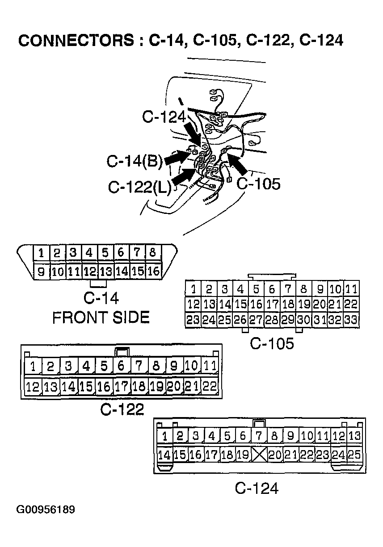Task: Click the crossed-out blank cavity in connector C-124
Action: (x=259, y=455)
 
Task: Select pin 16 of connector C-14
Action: (x=153, y=271)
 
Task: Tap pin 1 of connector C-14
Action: (x=41, y=253)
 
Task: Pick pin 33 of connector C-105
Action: (x=352, y=320)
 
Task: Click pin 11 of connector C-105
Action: (x=352, y=289)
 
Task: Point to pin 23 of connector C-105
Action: (x=194, y=320)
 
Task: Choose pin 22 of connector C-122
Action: (x=209, y=386)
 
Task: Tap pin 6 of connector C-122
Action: (x=121, y=367)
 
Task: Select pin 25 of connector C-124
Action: (x=354, y=455)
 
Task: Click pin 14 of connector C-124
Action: (x=165, y=455)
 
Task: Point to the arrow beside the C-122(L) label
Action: (x=184, y=178)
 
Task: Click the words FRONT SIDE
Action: (x=101, y=317)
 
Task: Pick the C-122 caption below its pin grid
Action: (x=122, y=409)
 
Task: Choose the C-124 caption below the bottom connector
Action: (x=257, y=488)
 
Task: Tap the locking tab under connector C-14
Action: (x=98, y=283)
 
